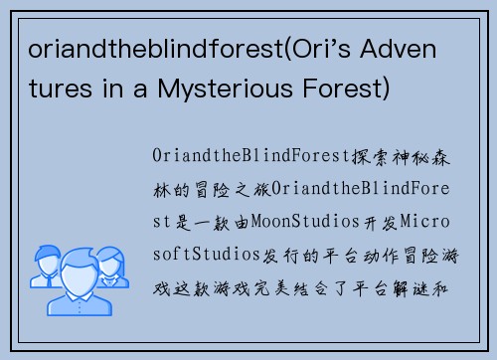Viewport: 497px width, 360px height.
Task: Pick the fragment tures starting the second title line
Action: click(50, 90)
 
